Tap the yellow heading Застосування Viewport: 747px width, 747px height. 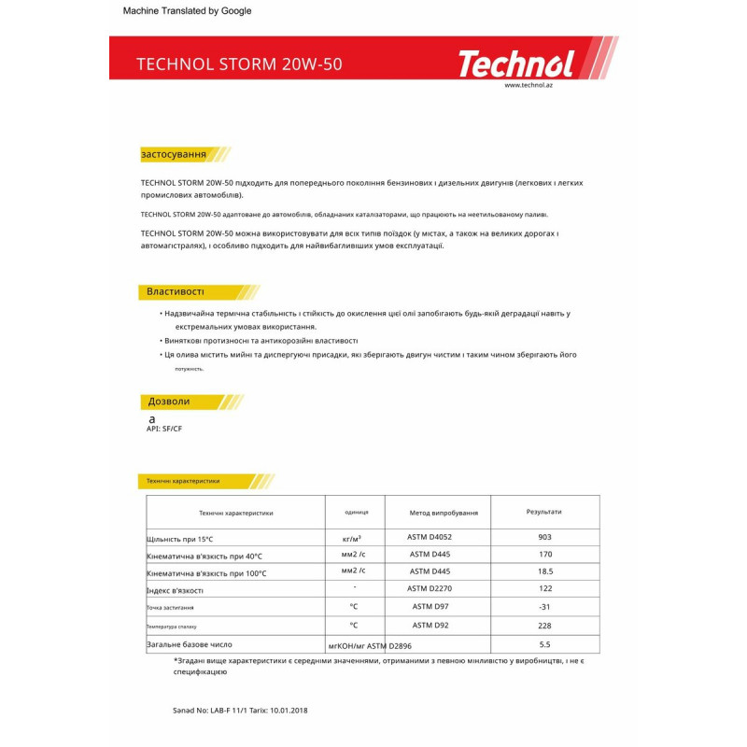pos(174,154)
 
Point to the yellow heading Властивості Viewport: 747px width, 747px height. pos(176,291)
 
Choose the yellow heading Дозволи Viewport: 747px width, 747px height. pos(169,402)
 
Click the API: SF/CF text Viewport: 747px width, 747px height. pos(164,429)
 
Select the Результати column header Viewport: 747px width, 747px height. pos(544,512)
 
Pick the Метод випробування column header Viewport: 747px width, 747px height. pos(444,513)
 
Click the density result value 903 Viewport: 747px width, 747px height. pos(545,538)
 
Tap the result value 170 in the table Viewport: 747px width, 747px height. pos(545,555)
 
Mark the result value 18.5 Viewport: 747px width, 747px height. pos(545,571)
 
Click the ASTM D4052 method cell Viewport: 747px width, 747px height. pos(430,538)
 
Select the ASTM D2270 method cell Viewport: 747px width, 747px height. pos(430,588)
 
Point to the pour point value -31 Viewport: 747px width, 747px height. pos(545,607)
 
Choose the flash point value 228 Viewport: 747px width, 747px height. pos(545,626)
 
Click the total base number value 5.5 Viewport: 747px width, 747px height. pos(545,644)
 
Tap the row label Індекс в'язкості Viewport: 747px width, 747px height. pos(175,590)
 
